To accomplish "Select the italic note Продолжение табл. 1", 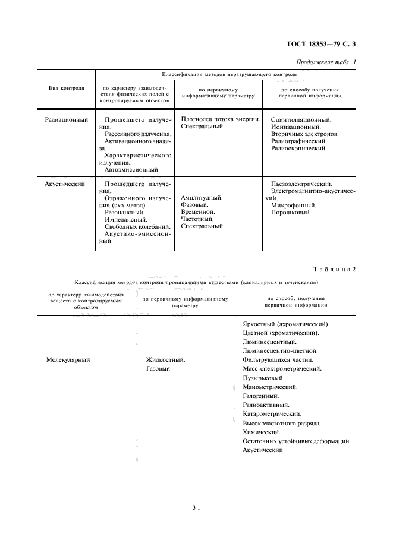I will tap(328, 62).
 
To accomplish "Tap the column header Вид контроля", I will tap(66, 88).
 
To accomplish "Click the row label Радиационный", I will tap(67, 119).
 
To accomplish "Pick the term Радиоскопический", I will tap(298, 149).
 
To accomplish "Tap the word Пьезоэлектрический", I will tap(301, 184).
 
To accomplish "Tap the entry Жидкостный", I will tap(165, 360).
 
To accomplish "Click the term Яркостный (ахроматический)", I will tap(287, 324).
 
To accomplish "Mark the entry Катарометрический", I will tap(272, 413).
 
